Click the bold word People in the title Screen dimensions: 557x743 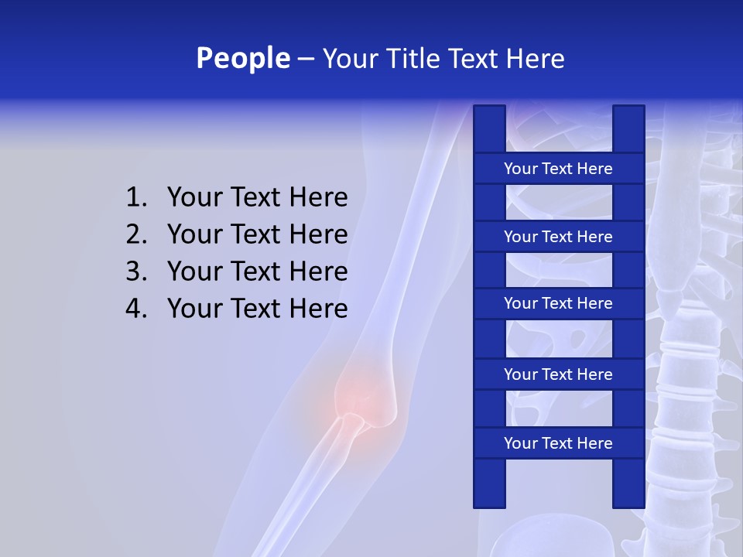point(242,58)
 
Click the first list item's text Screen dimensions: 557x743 point(257,198)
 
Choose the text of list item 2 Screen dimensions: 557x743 point(257,234)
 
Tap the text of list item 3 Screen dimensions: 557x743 point(257,272)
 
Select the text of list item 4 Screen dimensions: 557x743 point(257,309)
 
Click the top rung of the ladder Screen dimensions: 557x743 point(558,169)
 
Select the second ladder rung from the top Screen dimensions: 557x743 point(558,237)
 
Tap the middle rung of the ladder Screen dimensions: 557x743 point(558,304)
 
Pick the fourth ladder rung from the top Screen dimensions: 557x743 point(558,374)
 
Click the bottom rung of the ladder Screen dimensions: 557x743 point(558,443)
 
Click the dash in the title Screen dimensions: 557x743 point(305,59)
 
